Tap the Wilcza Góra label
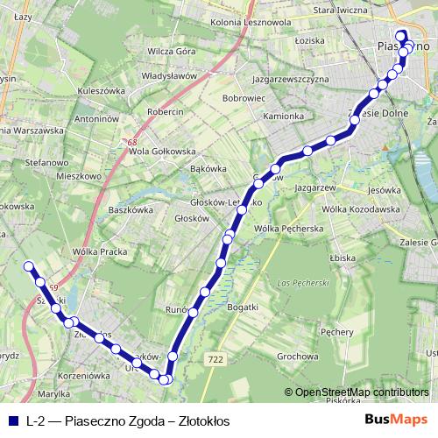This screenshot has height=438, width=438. pos(172,52)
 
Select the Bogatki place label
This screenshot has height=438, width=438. pos(242,307)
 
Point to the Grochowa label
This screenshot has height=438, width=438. pos(296,357)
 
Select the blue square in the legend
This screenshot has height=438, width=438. pos(11,420)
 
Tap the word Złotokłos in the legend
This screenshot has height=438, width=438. pos(204,420)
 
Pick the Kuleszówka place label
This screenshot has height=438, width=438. pos(102,90)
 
